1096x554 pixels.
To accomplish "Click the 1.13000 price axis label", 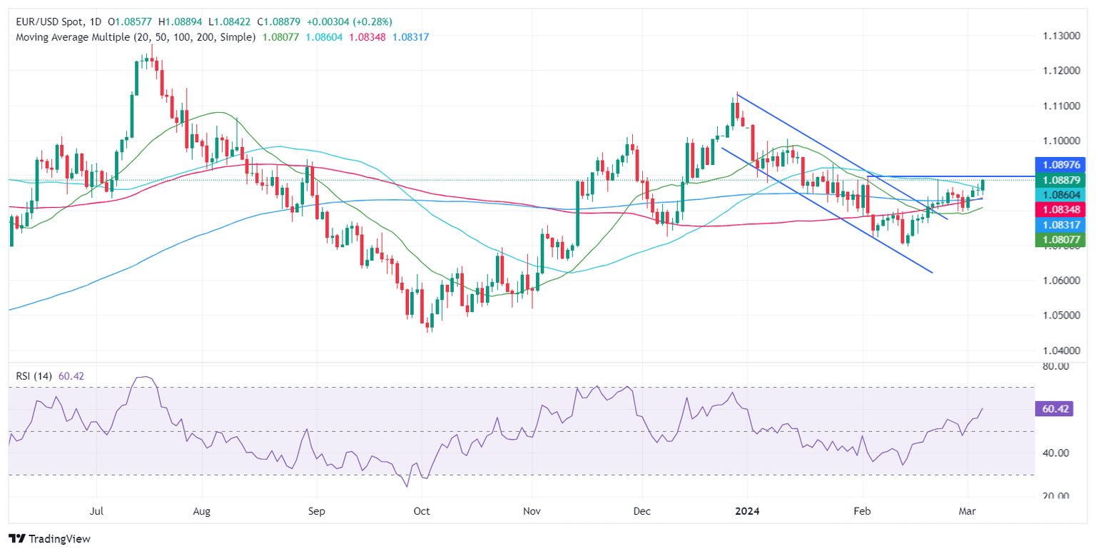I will point(1059,36).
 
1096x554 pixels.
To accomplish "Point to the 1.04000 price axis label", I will point(1059,351).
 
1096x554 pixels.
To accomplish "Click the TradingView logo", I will point(49,539).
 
